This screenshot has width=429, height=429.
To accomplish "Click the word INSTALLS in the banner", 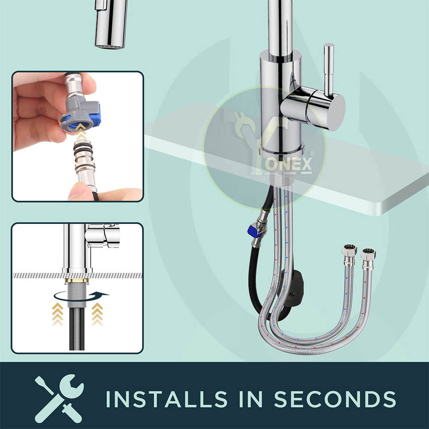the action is (166, 399).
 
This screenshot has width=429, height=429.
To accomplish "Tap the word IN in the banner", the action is (251, 399).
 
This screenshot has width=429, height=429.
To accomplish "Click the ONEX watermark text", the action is (289, 164).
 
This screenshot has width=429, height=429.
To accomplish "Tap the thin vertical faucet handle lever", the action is (328, 70).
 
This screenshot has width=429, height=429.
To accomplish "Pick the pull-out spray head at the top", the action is (111, 24).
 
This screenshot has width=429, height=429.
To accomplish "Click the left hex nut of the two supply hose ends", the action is (349, 249).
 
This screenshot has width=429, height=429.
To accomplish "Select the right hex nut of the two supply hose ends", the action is (368, 254).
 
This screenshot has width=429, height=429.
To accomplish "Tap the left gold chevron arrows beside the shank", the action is (58, 314).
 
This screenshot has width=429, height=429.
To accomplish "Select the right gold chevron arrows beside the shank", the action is (97, 314).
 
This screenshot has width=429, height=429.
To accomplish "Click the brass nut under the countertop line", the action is (77, 281).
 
